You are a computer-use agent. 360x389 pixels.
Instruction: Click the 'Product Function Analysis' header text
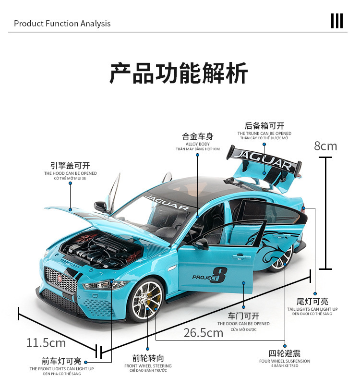[x=62, y=24]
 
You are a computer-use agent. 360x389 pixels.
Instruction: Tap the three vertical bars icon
[x=337, y=22]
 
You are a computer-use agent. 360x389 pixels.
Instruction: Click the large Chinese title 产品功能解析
[x=179, y=73]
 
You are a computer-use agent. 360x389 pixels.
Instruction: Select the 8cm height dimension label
[x=325, y=146]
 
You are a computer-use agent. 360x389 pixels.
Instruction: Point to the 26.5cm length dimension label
[x=204, y=332]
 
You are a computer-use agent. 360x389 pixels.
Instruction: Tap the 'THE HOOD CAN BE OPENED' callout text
[x=71, y=173]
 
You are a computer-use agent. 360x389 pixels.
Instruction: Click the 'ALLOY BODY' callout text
[x=197, y=144]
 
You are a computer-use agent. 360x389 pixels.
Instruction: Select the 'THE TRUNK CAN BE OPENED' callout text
[x=264, y=134]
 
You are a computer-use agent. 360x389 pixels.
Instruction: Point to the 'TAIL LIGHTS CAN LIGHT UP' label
[x=312, y=309]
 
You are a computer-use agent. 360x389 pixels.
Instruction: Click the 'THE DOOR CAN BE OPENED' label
[x=244, y=324]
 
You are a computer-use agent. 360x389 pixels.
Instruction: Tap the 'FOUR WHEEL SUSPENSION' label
[x=285, y=361]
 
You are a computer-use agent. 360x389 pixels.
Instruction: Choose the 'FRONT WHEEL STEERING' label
[x=148, y=366]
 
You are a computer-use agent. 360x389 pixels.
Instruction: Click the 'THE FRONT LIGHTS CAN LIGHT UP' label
[x=61, y=369]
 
